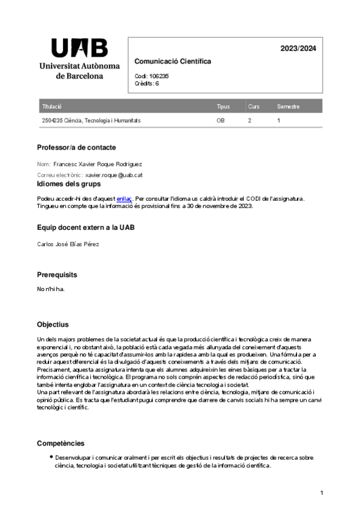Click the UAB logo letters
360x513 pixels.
(x=80, y=48)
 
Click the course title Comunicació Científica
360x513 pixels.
(x=172, y=62)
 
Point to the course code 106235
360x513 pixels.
(x=159, y=76)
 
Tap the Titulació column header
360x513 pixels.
(x=52, y=106)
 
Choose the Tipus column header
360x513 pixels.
(x=223, y=106)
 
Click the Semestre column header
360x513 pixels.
(x=288, y=106)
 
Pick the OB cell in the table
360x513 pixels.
(x=221, y=120)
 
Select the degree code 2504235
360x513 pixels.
(x=52, y=120)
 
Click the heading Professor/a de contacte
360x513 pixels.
(x=76, y=147)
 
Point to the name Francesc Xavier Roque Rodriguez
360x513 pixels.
(x=97, y=164)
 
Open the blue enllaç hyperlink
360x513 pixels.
(x=124, y=198)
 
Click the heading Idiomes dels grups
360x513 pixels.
(x=69, y=184)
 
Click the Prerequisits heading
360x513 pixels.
(x=57, y=275)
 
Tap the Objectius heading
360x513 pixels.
(x=53, y=324)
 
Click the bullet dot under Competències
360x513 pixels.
(x=51, y=457)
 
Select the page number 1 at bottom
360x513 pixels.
(x=322, y=494)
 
